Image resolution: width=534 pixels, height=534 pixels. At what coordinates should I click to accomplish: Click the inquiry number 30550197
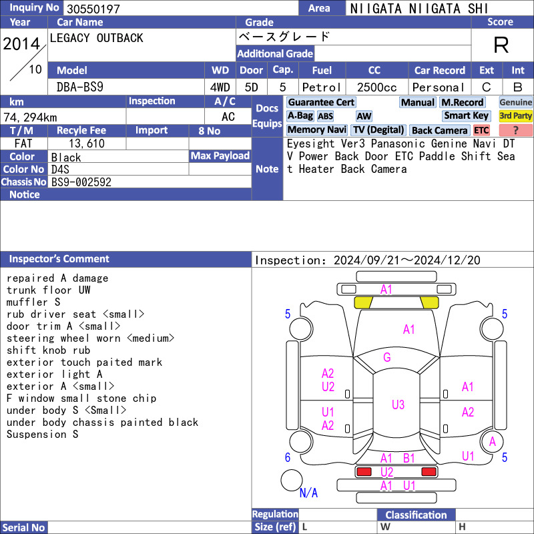(x=93, y=9)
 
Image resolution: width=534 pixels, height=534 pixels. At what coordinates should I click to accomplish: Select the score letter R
(x=501, y=45)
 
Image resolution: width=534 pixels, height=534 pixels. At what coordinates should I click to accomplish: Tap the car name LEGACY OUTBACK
(x=96, y=38)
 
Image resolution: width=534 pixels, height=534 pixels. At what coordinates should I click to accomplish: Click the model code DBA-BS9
(x=80, y=87)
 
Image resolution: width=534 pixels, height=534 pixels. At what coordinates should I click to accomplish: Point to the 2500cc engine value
(x=376, y=87)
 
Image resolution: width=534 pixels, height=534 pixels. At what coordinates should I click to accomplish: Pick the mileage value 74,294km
(x=30, y=117)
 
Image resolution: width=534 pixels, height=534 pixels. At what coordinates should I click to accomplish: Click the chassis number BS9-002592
(x=81, y=182)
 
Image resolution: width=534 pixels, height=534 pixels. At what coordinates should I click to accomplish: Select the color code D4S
(x=60, y=170)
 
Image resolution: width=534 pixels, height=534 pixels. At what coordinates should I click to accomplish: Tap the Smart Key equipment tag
(x=466, y=115)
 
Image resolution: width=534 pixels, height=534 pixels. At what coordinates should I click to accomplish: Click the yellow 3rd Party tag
(x=515, y=115)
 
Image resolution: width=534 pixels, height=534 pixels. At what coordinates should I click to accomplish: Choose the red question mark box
(x=515, y=130)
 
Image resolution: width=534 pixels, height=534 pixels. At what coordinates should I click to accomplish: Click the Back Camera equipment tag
(x=439, y=130)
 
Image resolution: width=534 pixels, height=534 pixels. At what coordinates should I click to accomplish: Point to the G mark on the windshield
(x=387, y=357)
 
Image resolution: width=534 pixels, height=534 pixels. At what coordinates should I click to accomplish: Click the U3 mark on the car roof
(x=398, y=405)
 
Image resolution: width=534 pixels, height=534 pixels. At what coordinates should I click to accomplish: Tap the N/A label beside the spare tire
(x=308, y=493)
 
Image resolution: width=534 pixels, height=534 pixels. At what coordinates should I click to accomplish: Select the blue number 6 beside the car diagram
(x=288, y=457)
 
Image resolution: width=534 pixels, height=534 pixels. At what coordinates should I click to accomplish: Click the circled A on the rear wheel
(x=493, y=442)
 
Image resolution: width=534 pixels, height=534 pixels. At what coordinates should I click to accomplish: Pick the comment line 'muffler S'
(x=33, y=302)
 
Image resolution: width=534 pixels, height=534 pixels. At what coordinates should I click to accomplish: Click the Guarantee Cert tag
(x=321, y=102)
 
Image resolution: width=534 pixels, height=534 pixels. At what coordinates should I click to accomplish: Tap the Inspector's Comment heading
(x=59, y=259)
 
